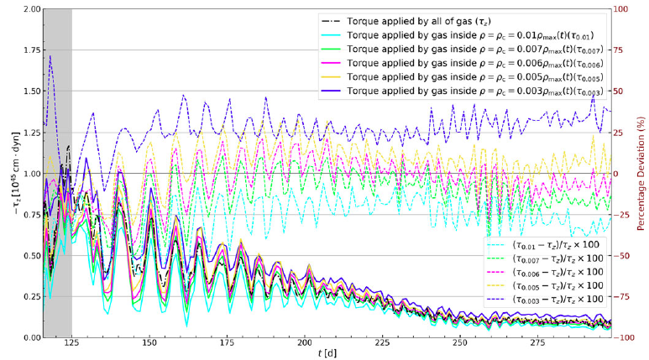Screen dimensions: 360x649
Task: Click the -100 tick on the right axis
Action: tap(626, 337)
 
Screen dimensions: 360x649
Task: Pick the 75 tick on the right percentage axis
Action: tap(623, 51)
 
